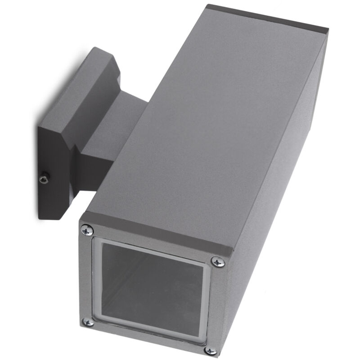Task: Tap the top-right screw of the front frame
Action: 218,261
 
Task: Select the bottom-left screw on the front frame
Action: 89,321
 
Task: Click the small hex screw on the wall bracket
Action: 44,179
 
